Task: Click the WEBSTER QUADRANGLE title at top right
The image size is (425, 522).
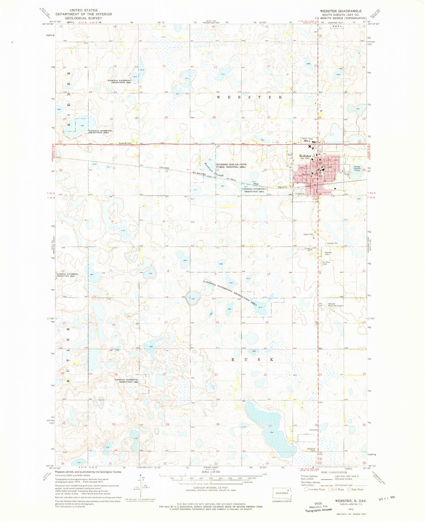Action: coord(341,11)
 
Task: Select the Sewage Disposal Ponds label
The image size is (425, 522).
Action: coord(357,169)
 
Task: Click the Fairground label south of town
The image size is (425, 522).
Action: coord(299,194)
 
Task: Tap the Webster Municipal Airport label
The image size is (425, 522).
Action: coord(335,305)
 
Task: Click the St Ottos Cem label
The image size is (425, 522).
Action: coord(326,263)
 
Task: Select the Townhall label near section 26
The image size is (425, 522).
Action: coord(313,430)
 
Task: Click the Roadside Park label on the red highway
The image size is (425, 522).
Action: coord(125,143)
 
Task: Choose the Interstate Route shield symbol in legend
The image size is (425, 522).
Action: coord(306,489)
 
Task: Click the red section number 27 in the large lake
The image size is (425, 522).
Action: coord(270,426)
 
